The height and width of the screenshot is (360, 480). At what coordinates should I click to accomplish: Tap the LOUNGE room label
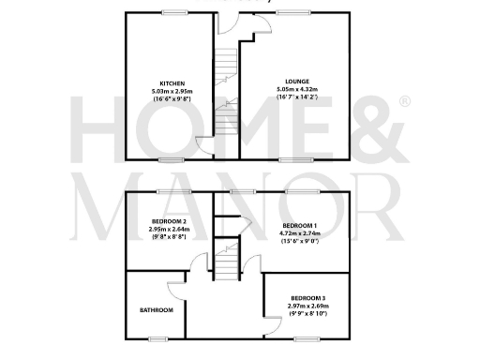coord(297,82)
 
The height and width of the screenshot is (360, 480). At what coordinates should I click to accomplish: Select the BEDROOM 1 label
coord(302,226)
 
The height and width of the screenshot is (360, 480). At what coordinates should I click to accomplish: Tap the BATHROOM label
coord(157,309)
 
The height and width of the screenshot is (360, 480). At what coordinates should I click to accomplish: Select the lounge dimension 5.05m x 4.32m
coord(297,90)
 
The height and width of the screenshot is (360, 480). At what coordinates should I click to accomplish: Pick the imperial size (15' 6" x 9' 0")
coord(302,242)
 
